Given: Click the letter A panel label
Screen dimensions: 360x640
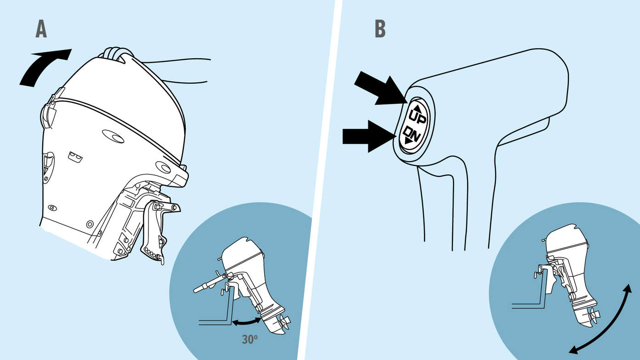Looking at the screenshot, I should point(41,29).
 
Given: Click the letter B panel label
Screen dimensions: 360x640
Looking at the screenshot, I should point(379,29).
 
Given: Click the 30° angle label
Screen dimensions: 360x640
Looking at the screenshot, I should point(249,340).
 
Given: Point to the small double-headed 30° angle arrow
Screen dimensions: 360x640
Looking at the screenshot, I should point(247,322).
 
